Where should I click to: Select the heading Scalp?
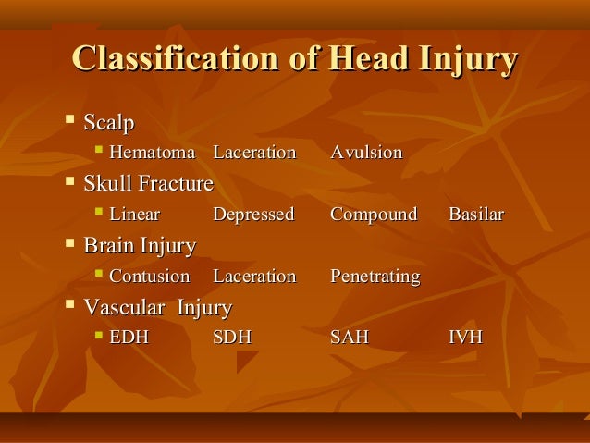pos(109,122)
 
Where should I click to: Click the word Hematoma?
pos(153,153)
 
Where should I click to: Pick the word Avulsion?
pos(366,153)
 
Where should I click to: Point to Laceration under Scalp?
pos(254,153)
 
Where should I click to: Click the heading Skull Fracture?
pos(148,184)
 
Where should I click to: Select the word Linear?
pos(134,215)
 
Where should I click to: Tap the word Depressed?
pos(253,215)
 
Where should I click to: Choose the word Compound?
pos(374,215)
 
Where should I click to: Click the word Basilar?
pos(476,215)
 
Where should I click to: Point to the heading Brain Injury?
pos(140,246)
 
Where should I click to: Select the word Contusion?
pos(149,277)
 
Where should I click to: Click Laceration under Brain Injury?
pos(254,277)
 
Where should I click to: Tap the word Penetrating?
pos(375,277)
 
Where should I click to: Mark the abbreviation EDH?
pos(129,338)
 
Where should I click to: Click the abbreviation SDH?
pos(232,338)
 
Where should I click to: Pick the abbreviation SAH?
pos(350,338)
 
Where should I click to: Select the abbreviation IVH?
pos(465,338)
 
